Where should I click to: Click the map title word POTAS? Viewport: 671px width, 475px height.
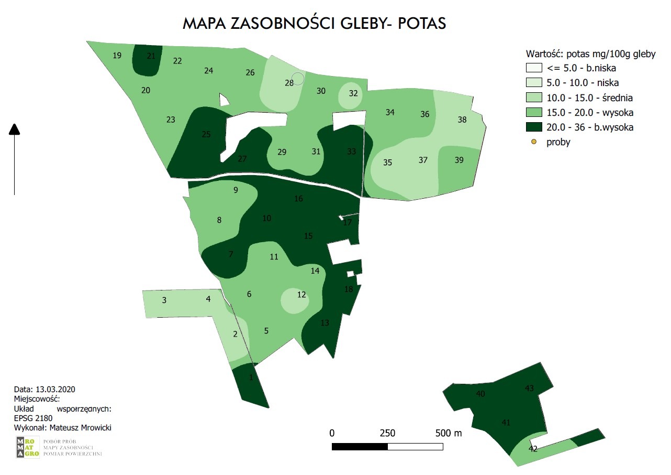422,24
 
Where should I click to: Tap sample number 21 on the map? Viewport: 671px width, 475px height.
151,56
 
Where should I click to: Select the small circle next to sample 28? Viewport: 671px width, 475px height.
298,79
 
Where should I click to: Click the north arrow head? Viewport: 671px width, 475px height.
15,129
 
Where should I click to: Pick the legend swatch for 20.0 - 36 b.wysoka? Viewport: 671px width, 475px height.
533,127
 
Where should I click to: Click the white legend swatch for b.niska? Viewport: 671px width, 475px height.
533,68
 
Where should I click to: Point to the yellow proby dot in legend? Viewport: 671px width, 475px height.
533,142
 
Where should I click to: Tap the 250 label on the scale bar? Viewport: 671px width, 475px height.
387,434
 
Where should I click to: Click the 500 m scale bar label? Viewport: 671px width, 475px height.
449,434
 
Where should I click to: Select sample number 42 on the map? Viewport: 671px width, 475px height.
533,449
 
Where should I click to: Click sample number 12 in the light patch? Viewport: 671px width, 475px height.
301,295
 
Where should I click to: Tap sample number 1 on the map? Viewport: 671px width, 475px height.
251,377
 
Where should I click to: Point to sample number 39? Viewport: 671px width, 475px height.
459,160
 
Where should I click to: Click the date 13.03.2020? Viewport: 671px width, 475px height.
55,390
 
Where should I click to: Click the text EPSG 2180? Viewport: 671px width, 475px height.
33,418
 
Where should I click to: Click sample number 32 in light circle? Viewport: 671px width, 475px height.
353,93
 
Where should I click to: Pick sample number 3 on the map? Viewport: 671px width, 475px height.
164,300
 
